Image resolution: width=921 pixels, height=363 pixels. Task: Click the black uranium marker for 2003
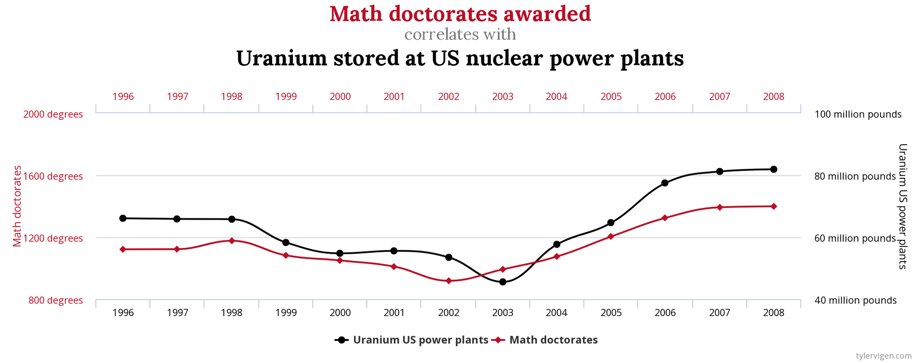pyautogui.click(x=502, y=281)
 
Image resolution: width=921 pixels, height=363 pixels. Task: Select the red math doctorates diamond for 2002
pyautogui.click(x=449, y=281)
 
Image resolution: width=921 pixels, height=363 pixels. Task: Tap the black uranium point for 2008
pyautogui.click(x=773, y=169)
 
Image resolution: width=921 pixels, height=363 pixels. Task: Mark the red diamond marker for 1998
pyautogui.click(x=232, y=240)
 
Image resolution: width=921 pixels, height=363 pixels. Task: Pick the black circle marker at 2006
pyautogui.click(x=665, y=183)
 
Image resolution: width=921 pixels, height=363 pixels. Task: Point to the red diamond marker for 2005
pyautogui.click(x=611, y=236)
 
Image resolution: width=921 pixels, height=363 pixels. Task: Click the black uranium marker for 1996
pyautogui.click(x=123, y=218)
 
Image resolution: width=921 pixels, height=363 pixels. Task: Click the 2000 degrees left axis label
pyautogui.click(x=53, y=114)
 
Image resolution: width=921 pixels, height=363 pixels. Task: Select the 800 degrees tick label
pyautogui.click(x=56, y=300)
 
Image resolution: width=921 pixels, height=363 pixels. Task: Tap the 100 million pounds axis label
pyautogui.click(x=857, y=114)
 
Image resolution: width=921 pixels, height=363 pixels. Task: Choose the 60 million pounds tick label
pyautogui.click(x=855, y=238)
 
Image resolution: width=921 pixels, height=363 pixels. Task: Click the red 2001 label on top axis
pyautogui.click(x=394, y=97)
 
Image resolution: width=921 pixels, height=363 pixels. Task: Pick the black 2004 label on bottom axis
pyautogui.click(x=556, y=313)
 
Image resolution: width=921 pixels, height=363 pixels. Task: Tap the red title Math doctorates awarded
pyautogui.click(x=460, y=14)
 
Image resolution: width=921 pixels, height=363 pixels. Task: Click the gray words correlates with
pyautogui.click(x=460, y=35)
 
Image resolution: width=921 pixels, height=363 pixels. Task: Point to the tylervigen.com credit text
pyautogui.click(x=883, y=356)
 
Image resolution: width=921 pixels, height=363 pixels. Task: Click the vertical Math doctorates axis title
pyautogui.click(x=17, y=206)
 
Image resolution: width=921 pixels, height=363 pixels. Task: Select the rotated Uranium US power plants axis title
pyautogui.click(x=902, y=206)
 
